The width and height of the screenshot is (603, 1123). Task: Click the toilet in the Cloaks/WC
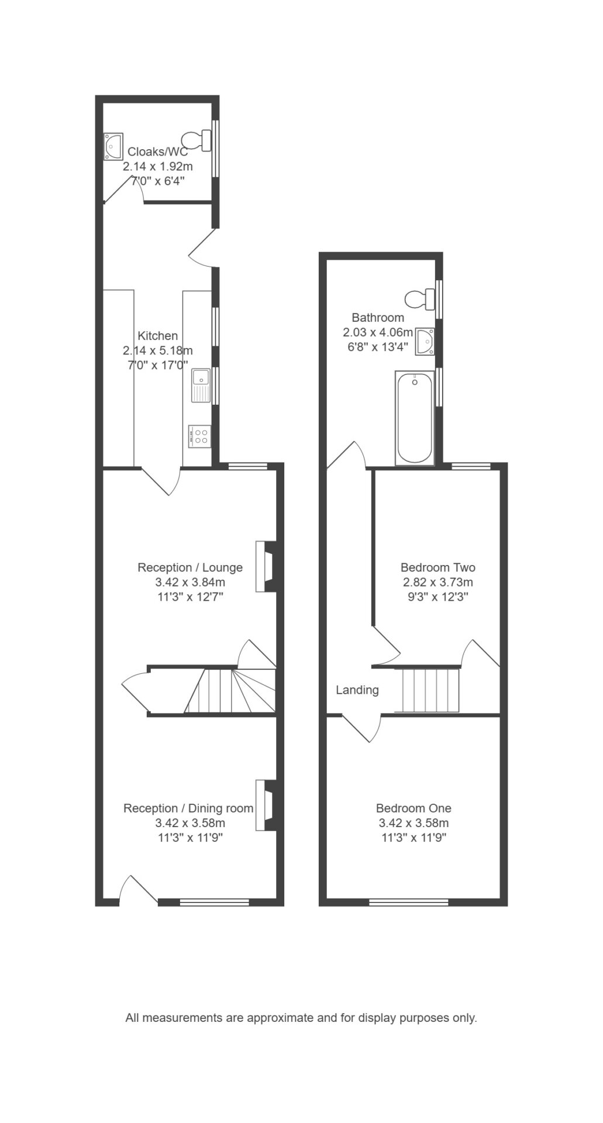[x=197, y=140]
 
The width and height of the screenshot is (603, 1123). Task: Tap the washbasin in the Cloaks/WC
[x=113, y=146]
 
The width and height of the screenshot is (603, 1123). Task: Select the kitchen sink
[x=200, y=386]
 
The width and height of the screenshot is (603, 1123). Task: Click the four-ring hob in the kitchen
[x=200, y=436]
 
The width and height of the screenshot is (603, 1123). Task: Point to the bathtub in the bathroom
[x=415, y=418]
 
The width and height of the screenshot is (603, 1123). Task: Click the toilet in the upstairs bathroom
[x=421, y=299]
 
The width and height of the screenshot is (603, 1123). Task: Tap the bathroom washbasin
[x=425, y=340]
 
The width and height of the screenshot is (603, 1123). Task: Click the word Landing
[x=357, y=690]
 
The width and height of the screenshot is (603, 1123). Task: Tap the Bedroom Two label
[x=438, y=567]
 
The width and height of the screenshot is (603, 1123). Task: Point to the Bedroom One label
[x=414, y=808]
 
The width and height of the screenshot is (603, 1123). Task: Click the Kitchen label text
[x=157, y=336]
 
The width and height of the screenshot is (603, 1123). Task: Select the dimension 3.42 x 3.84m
[x=190, y=583]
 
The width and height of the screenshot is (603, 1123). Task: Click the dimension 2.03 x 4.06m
[x=378, y=332]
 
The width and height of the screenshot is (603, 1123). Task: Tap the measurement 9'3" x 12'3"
[x=438, y=597]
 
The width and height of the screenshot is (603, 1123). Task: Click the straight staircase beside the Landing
[x=428, y=690]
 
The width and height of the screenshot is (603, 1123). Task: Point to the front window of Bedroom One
[x=409, y=902]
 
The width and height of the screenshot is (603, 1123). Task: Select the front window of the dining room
[x=214, y=902]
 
